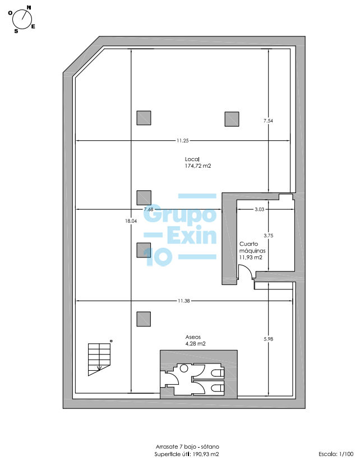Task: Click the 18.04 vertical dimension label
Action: coord(131,221)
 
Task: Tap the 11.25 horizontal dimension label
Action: coord(182,140)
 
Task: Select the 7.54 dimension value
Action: coord(268,121)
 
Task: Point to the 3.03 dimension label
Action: coord(260,209)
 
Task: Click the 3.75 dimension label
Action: coord(268,236)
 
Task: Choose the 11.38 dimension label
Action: coord(183,301)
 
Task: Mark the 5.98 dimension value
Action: coord(268,339)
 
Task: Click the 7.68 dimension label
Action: coord(149,209)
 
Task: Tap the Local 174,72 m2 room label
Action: coord(198,163)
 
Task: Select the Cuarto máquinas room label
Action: coord(252,251)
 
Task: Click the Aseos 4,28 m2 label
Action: coord(195,341)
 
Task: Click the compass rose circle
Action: coord(22,20)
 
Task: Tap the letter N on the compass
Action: coord(29,8)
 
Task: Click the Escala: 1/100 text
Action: coord(336,454)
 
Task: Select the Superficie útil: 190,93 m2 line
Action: coord(187,454)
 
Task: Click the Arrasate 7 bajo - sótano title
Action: coord(187,447)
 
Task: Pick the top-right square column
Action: coord(232,119)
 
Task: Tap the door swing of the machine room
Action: coord(246,272)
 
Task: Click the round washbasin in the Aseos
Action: coord(184,368)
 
